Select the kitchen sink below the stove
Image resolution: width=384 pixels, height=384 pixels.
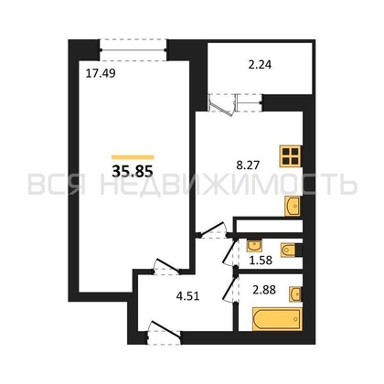point(293,208)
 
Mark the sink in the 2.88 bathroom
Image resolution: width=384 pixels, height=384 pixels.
point(295,293)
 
